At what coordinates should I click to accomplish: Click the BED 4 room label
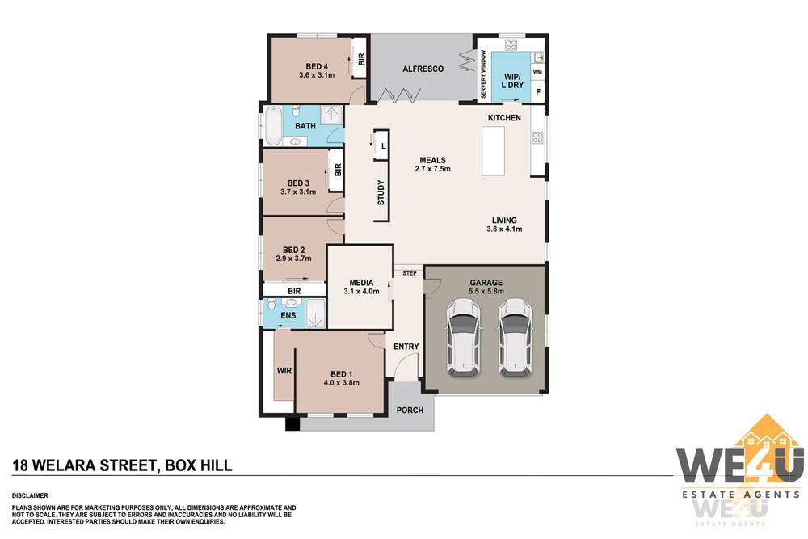pyautogui.click(x=317, y=66)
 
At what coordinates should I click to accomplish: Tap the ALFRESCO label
pyautogui.click(x=423, y=69)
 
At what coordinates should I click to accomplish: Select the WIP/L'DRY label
pyautogui.click(x=512, y=81)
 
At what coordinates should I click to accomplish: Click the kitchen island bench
pyautogui.click(x=493, y=151)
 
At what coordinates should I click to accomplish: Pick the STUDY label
pyautogui.click(x=381, y=192)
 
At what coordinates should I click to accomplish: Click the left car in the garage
pyautogui.click(x=463, y=337)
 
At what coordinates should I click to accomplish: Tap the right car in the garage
pyautogui.click(x=515, y=337)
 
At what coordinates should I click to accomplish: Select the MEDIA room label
pyautogui.click(x=361, y=283)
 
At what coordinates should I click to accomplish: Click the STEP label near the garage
pyautogui.click(x=410, y=272)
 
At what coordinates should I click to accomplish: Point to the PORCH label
pyautogui.click(x=410, y=411)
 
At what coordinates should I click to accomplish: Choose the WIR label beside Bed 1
pyautogui.click(x=284, y=370)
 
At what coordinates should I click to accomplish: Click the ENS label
pyautogui.click(x=288, y=315)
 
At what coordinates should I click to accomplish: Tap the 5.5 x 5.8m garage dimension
pyautogui.click(x=486, y=291)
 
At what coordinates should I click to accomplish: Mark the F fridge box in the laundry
pyautogui.click(x=538, y=92)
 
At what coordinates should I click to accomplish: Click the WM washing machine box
pyautogui.click(x=537, y=72)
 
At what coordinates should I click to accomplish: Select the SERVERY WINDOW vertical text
pyautogui.click(x=483, y=74)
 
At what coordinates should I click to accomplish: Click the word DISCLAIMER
pyautogui.click(x=30, y=495)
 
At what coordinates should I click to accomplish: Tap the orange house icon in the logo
pyautogui.click(x=768, y=432)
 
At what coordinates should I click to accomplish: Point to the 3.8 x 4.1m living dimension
pyautogui.click(x=504, y=229)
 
